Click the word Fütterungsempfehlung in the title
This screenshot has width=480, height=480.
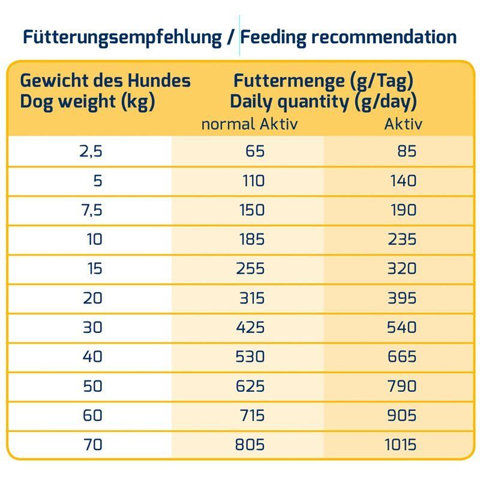pos(122,37)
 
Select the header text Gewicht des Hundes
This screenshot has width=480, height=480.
pos(106,80)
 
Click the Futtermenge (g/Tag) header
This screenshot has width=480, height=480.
pos(323,80)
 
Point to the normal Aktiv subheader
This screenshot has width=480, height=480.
pos(249,124)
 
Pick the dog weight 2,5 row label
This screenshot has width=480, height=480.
pos(91,151)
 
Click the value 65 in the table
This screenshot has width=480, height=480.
pos(254,151)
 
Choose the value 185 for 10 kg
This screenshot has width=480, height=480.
pos(251,239)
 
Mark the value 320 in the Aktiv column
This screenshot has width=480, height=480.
pos(401,268)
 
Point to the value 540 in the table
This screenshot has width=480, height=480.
pos(401,327)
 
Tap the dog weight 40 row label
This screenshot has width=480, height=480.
pos(93,356)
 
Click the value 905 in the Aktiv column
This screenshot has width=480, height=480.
pos(401,415)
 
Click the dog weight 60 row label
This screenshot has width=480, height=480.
pos(93,415)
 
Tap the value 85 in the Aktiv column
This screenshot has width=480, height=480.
pos(406,151)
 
